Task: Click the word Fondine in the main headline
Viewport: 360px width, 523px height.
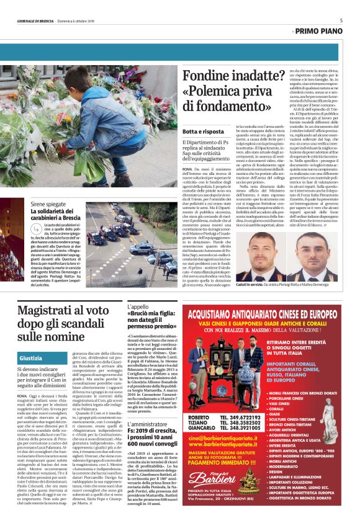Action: tap(209, 76)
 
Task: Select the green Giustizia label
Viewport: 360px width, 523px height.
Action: tap(31, 359)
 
